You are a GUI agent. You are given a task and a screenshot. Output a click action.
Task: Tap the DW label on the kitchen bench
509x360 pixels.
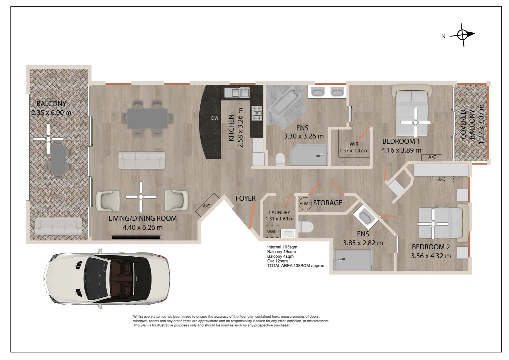(215, 118)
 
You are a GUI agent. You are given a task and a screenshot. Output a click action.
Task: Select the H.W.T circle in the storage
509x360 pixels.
(305, 204)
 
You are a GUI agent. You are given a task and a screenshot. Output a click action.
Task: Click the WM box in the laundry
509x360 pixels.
(272, 231)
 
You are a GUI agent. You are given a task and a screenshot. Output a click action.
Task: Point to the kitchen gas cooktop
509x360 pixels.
(257, 113)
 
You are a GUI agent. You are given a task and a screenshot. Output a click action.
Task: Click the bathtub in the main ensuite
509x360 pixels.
(285, 102)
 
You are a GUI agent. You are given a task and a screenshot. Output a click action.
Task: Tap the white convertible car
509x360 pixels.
(107, 279)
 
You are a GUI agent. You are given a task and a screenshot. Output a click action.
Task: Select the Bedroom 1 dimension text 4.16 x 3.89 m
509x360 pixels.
(401, 150)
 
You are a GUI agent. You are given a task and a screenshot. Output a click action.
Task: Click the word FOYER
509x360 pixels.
(246, 198)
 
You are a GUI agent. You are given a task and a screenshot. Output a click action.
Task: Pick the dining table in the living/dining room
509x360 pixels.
(148, 118)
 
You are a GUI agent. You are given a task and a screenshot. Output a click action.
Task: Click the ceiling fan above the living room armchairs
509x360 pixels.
(141, 197)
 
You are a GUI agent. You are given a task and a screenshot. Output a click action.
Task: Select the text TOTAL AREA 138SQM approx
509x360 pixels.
(295, 266)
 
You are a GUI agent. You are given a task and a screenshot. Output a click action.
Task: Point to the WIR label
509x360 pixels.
(354, 144)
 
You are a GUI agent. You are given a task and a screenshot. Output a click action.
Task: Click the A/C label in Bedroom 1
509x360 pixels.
(432, 157)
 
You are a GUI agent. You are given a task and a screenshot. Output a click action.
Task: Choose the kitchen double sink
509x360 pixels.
(237, 93)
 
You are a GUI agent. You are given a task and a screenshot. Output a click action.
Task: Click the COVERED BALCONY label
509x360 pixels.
(467, 124)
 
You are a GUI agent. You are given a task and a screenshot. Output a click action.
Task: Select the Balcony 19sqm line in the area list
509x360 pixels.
(281, 252)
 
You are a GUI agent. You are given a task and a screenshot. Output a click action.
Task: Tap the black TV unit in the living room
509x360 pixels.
(136, 237)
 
